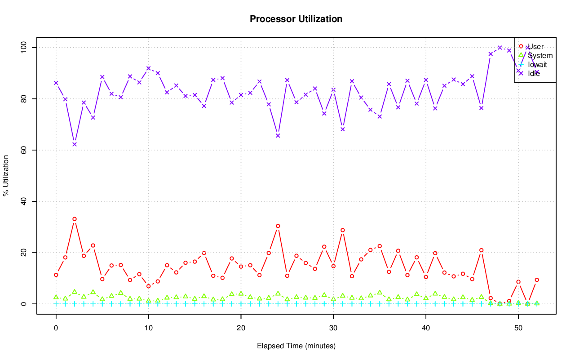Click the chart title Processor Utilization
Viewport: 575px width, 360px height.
296,19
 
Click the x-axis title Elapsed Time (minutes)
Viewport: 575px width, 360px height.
296,346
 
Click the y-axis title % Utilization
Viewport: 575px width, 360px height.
6,175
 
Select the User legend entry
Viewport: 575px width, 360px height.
535,47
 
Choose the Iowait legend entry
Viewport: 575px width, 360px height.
537,65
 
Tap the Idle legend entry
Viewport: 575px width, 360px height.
534,73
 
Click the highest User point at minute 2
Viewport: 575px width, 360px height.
75,219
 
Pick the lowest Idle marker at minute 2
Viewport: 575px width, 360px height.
75,144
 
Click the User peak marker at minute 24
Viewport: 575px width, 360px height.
278,226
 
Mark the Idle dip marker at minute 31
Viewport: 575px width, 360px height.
343,129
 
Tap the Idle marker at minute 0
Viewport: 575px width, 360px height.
56,83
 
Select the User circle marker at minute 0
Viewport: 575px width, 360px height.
56,275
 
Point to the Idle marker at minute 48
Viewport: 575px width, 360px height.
500,48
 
